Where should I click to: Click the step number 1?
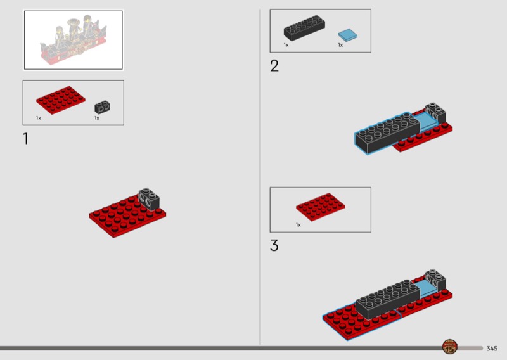click(25, 139)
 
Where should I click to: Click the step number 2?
click(274, 66)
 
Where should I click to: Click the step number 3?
click(274, 245)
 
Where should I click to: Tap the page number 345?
click(492, 349)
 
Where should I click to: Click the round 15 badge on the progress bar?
click(450, 347)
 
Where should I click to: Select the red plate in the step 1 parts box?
click(61, 100)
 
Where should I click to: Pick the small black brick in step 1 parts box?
click(102, 107)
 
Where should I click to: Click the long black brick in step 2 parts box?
click(304, 28)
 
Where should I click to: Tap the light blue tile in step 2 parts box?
click(347, 35)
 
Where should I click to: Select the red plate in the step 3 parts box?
click(321, 207)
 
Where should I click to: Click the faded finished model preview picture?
click(74, 40)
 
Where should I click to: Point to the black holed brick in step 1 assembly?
click(149, 198)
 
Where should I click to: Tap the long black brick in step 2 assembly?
click(387, 133)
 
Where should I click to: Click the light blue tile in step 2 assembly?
click(427, 122)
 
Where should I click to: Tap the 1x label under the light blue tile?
click(340, 45)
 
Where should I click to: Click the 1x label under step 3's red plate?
click(298, 225)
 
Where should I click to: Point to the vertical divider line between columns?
click(260, 177)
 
